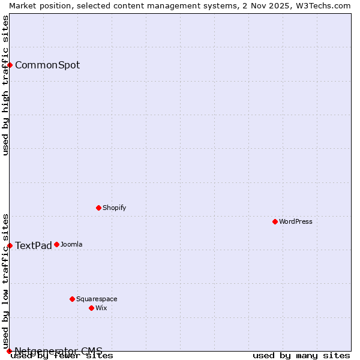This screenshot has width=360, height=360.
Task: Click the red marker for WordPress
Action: tap(275, 221)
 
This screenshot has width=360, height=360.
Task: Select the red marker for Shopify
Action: tap(98, 208)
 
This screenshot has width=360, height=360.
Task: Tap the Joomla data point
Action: tap(56, 244)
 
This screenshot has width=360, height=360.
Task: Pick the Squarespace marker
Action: tap(72, 299)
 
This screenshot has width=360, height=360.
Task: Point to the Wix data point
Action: tap(91, 308)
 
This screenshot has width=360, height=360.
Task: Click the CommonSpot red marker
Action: tap(10, 65)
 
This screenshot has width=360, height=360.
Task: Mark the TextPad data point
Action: tap(10, 245)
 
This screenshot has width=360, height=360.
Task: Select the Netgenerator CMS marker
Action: tap(9, 351)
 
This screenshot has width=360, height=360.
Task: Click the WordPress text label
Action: tap(296, 221)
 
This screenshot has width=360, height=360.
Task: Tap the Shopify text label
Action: tap(114, 208)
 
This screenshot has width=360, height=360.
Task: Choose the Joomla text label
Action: tap(71, 244)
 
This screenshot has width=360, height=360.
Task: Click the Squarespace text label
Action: tap(97, 299)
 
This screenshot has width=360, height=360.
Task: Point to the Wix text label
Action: tap(101, 308)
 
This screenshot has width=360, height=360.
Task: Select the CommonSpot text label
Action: tap(47, 65)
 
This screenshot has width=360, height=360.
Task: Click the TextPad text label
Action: tap(34, 245)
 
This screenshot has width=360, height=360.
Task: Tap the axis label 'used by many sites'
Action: tap(301, 356)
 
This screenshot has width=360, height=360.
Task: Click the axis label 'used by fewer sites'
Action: tap(62, 356)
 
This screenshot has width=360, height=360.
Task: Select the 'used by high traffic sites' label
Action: tap(5, 85)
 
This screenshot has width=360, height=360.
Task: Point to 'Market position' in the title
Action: tap(38, 5)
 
